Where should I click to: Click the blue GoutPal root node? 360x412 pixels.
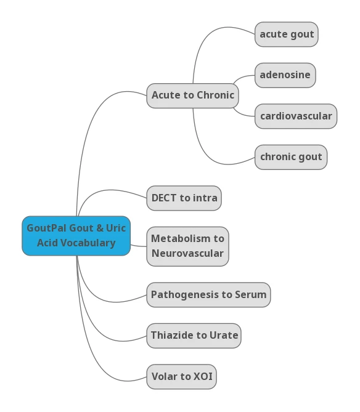click(x=76, y=236)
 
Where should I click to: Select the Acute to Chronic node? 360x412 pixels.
click(x=192, y=95)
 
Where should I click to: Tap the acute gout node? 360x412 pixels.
click(x=287, y=34)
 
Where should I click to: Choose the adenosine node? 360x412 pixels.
click(x=285, y=75)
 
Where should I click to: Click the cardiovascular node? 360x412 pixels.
click(x=296, y=116)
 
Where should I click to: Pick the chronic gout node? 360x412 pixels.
click(x=291, y=157)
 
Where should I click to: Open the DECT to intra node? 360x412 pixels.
click(x=184, y=198)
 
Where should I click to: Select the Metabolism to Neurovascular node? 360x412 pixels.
click(x=187, y=246)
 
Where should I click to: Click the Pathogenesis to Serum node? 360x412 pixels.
click(x=208, y=295)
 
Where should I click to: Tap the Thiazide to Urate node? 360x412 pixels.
click(x=194, y=336)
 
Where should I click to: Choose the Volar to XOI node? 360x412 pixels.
click(x=181, y=376)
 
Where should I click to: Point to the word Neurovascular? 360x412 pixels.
click(x=187, y=254)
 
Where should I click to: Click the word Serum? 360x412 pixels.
click(x=251, y=295)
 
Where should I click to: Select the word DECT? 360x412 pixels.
click(x=164, y=198)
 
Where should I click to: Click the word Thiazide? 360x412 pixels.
click(x=172, y=336)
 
